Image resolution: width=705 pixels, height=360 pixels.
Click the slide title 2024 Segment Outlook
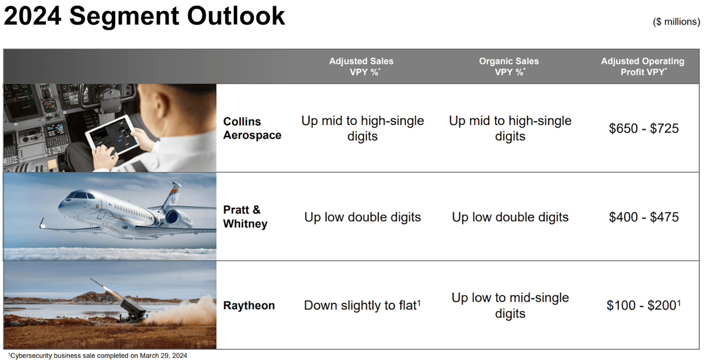coord(144,17)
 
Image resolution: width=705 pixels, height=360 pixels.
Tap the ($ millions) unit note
coord(676,21)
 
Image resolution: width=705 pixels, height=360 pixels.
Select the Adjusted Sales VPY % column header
coord(362,67)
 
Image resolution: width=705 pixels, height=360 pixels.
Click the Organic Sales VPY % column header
coord(509,67)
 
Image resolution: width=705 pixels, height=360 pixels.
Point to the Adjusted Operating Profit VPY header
coord(643,67)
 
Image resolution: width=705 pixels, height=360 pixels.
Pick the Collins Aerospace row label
coord(252,128)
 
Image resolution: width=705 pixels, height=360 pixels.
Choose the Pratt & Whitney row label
coord(245,216)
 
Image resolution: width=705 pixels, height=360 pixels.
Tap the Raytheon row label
coord(249,306)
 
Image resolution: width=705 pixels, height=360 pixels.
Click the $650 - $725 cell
coord(644,128)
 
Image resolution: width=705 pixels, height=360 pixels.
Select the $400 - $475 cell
coord(644,217)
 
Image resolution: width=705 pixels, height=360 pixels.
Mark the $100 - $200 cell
coord(644,306)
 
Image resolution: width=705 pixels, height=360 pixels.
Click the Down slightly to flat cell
coord(362,306)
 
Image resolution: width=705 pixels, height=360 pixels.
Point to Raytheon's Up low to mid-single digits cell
coord(510,306)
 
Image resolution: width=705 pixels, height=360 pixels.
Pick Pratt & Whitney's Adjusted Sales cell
coord(362,217)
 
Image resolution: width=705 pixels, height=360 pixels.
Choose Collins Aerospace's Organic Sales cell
coord(510,128)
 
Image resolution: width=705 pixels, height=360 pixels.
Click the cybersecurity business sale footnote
coord(97,356)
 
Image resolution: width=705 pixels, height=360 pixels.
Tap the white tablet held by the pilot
coord(112,135)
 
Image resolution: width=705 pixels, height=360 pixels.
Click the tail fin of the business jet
coord(171,196)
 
